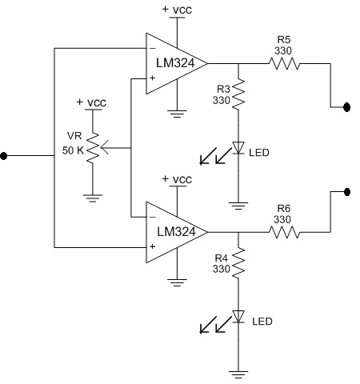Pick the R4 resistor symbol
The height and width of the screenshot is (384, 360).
click(237, 264)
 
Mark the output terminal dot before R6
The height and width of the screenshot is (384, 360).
click(346, 192)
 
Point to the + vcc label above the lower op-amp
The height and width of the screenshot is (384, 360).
click(175, 178)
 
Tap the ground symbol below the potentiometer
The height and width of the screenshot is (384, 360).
click(94, 197)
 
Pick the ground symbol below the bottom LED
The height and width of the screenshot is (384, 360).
click(237, 372)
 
